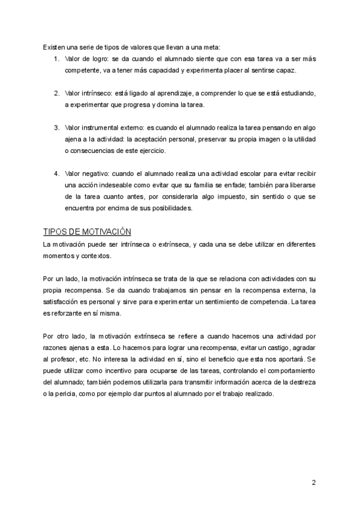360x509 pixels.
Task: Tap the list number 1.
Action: click(x=56, y=59)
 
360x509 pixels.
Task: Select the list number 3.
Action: click(x=56, y=127)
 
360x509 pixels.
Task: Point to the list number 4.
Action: click(x=56, y=173)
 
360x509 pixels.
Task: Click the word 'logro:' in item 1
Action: click(x=96, y=59)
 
